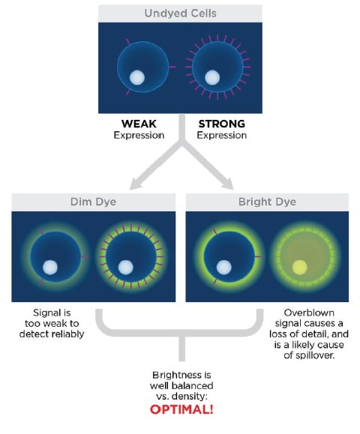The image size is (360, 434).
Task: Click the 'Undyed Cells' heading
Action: pos(180,13)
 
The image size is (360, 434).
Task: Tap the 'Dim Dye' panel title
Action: pos(93,202)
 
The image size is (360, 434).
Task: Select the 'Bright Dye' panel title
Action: pos(267,202)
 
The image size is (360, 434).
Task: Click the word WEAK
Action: pos(139,124)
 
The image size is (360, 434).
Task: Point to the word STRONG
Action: pos(222,124)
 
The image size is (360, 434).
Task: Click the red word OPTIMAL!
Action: pos(181,409)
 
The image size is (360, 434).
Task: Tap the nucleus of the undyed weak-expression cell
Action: pos(137,77)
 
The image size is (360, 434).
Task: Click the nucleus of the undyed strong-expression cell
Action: pos(212,77)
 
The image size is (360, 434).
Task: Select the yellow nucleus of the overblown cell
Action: pos(300,268)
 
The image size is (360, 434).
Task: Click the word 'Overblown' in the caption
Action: pos(309,313)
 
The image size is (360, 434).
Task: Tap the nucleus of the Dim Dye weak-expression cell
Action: pos(50,268)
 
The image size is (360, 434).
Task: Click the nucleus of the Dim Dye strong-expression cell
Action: pos(126,268)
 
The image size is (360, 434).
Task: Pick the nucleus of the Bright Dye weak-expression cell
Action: pos(223,268)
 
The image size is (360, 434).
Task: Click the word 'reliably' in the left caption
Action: pos(67,334)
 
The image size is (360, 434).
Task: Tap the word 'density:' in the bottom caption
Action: pos(189,397)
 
